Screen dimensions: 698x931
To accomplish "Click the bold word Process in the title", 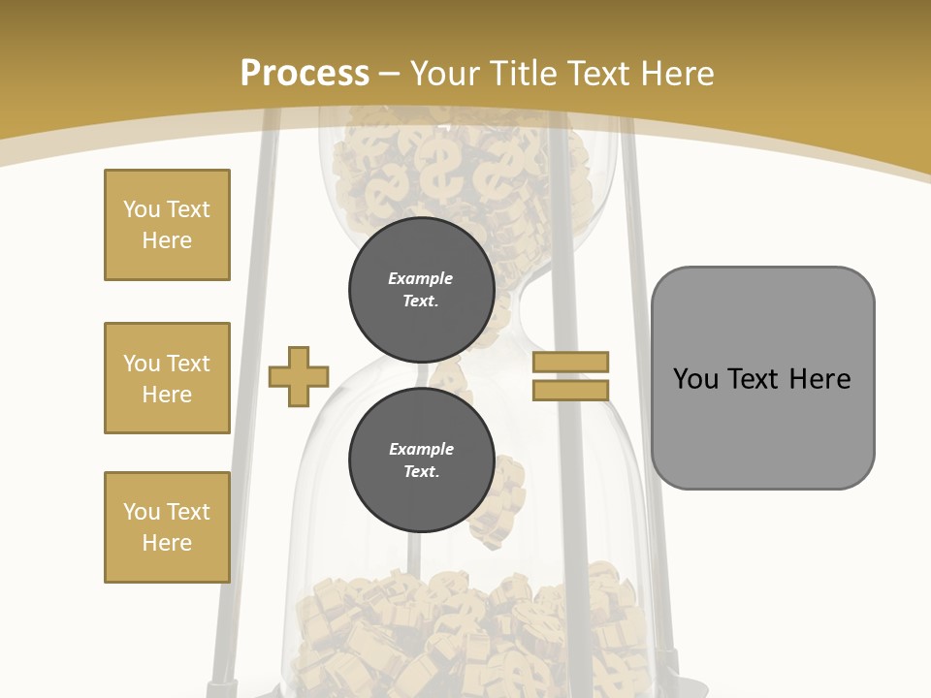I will point(305,74).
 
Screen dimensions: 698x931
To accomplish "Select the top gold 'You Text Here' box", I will point(167,225).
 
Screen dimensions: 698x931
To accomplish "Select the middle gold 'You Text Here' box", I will point(167,378).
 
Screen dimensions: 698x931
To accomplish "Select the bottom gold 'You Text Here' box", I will point(167,527).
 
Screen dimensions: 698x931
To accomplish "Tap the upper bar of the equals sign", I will point(570,362).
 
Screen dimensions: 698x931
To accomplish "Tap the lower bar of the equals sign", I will point(570,390).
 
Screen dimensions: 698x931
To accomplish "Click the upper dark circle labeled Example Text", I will point(421,290).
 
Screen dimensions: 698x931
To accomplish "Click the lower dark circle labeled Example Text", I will point(421,460).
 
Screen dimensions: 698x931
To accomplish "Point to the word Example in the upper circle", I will point(421,278).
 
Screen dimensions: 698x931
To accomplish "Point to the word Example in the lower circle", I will point(421,449).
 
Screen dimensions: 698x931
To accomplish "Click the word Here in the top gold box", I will point(167,240).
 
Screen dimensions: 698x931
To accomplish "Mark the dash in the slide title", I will point(390,74).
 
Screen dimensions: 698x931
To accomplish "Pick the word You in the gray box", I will point(695,379).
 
